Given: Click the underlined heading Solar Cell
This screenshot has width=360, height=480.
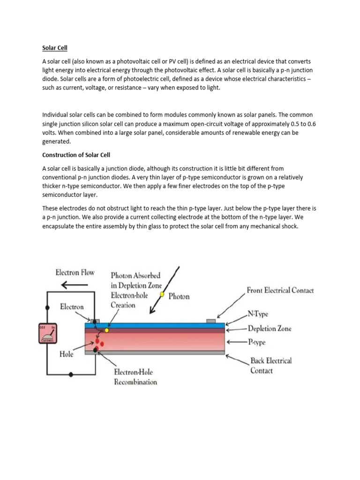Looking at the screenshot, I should point(55,48).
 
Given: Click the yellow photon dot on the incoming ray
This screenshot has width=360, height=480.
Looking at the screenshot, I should point(162,294).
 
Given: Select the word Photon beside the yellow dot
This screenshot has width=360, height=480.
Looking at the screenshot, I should point(179,296).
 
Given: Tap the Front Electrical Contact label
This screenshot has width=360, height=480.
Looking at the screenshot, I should point(280,291).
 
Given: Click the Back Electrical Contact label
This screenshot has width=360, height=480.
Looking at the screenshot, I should point(270,365).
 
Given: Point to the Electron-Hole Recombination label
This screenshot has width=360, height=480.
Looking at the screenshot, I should point(135,377).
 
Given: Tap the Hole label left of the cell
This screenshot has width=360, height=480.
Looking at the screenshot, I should point(67,354).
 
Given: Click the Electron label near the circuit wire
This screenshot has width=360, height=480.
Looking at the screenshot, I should point(72,307).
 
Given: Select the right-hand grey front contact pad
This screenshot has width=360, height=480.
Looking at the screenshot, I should point(211,321).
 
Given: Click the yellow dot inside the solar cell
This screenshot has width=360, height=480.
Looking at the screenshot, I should point(107,330).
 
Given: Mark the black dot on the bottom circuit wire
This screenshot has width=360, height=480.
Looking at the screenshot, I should point(71,375).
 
